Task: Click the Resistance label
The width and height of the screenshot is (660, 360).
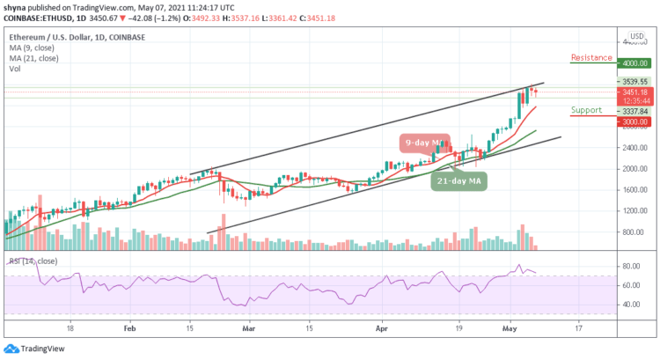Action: pos(590,58)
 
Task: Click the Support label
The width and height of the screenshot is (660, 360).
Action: pos(585,110)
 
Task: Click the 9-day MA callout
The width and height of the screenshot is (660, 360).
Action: pos(424,143)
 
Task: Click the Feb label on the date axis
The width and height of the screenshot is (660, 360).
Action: pos(129,325)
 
